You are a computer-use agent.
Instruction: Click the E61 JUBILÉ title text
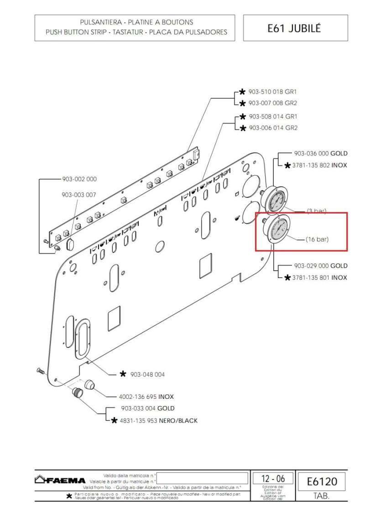pyautogui.click(x=294, y=28)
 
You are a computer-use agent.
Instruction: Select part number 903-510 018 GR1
pyautogui.click(x=272, y=92)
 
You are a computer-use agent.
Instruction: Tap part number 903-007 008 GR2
pyautogui.click(x=272, y=103)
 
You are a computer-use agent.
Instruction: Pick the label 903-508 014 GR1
pyautogui.click(x=272, y=116)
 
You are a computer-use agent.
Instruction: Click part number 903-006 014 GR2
pyautogui.click(x=272, y=128)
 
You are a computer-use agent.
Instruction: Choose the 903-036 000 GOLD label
pyautogui.click(x=320, y=154)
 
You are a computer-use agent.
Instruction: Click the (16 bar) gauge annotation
pyautogui.click(x=317, y=239)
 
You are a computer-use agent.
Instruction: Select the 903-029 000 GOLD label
pyautogui.click(x=320, y=266)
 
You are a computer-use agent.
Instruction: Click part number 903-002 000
pyautogui.click(x=79, y=180)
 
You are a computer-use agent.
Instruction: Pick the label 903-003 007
pyautogui.click(x=79, y=195)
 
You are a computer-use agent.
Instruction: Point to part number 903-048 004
pyautogui.click(x=147, y=374)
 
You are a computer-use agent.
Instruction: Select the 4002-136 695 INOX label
pyautogui.click(x=146, y=397)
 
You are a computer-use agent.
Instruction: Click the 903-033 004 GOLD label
pyautogui.click(x=147, y=408)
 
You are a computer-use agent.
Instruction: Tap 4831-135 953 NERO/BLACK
pyautogui.click(x=158, y=420)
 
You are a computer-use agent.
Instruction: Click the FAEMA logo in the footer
pyautogui.click(x=60, y=480)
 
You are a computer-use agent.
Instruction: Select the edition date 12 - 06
pyautogui.click(x=273, y=479)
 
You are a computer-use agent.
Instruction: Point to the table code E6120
pyautogui.click(x=322, y=481)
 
